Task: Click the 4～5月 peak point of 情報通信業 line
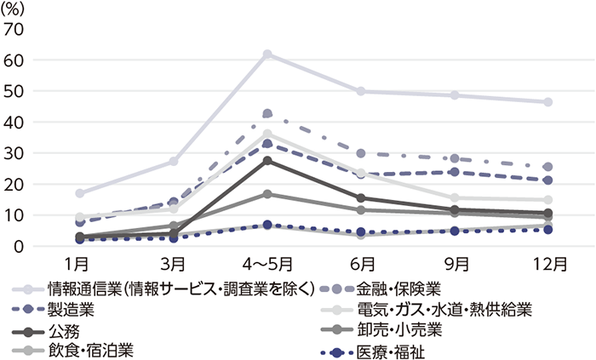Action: pyautogui.click(x=267, y=54)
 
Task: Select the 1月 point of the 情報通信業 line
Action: pyautogui.click(x=80, y=193)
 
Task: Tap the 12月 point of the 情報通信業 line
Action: pyautogui.click(x=548, y=102)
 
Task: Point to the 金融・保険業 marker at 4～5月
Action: pyautogui.click(x=267, y=114)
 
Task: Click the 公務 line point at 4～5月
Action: pyautogui.click(x=267, y=161)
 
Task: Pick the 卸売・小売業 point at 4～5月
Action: pyautogui.click(x=267, y=194)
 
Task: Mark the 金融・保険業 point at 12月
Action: pyautogui.click(x=548, y=167)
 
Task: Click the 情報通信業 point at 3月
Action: pyautogui.click(x=174, y=161)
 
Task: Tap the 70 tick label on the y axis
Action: pyautogui.click(x=14, y=29)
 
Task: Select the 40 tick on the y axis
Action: pyautogui.click(x=14, y=123)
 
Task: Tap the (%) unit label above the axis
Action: pyautogui.click(x=17, y=9)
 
